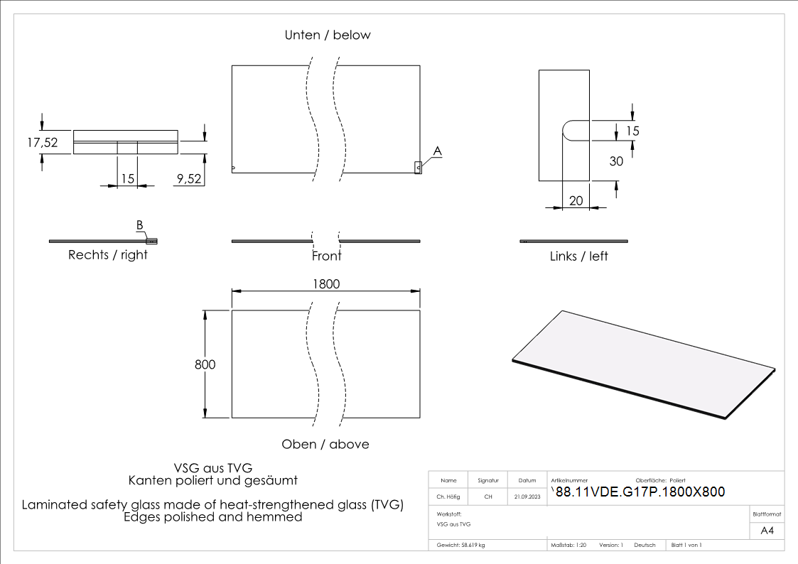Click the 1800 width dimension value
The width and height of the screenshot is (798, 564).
(x=326, y=283)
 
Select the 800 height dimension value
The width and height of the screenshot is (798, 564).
(x=205, y=364)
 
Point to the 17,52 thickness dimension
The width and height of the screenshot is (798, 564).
(x=42, y=142)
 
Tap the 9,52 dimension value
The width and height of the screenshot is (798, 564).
(x=188, y=179)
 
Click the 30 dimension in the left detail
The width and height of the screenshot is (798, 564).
(x=616, y=161)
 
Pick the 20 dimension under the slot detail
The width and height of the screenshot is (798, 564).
(x=576, y=201)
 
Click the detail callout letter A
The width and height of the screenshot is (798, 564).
(x=438, y=151)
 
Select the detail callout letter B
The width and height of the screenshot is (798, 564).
(x=140, y=225)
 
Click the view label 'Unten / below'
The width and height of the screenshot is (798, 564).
(x=328, y=35)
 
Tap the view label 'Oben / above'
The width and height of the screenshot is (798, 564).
(x=325, y=444)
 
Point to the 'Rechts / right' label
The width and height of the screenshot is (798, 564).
(x=108, y=255)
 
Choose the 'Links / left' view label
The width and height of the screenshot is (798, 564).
(x=579, y=256)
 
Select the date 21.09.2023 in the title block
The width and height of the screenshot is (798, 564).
(x=527, y=497)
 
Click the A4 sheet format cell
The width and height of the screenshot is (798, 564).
(x=767, y=531)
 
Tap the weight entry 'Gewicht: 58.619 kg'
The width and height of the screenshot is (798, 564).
(x=461, y=545)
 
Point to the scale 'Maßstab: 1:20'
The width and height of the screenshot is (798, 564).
(x=568, y=545)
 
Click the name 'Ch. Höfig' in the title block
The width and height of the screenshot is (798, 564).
(x=448, y=497)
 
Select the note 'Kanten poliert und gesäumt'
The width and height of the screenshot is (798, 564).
(x=213, y=481)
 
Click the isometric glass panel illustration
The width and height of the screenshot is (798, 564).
(x=643, y=363)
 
